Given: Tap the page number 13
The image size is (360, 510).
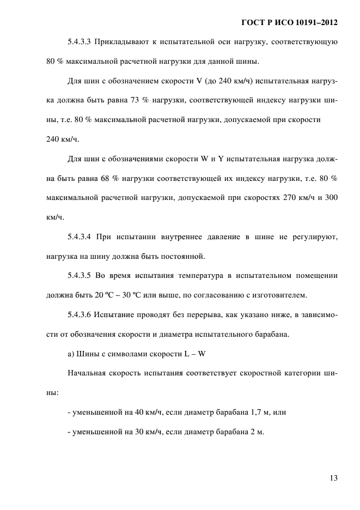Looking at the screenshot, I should [333, 478].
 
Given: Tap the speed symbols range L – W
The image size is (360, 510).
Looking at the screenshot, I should [194, 354].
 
